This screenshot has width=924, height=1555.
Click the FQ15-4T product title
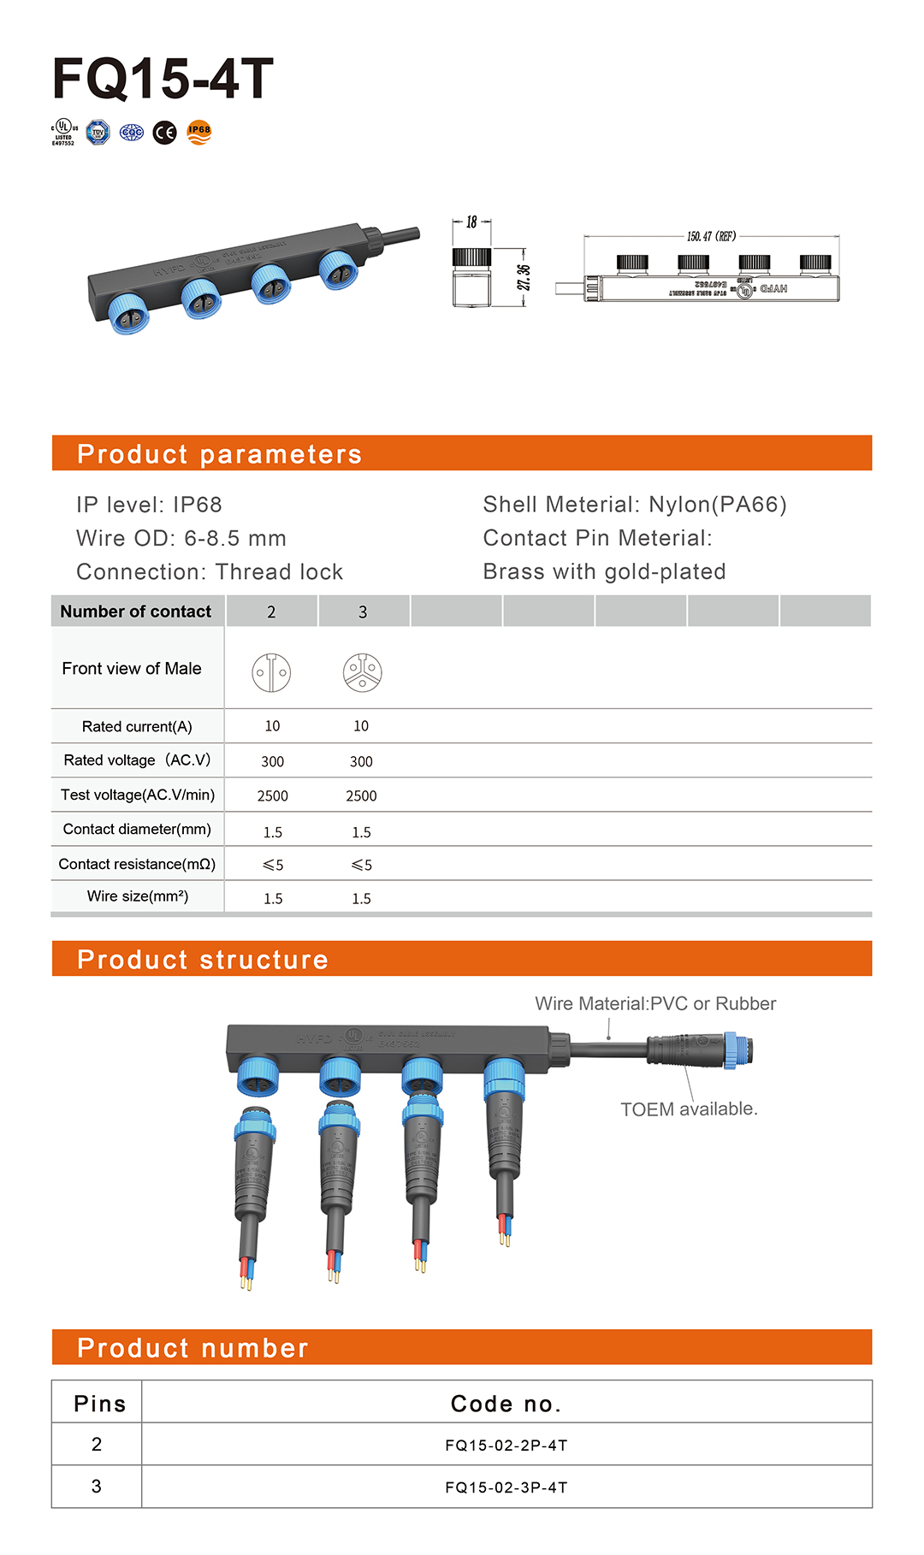163,79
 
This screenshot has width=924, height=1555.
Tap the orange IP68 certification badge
198,132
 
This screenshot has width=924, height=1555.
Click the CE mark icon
164,133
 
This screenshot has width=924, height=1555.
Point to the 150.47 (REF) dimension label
711,236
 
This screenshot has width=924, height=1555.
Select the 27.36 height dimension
524,277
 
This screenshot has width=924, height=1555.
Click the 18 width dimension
471,222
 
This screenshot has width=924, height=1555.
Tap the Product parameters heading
219,454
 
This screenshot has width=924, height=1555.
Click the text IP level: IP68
149,505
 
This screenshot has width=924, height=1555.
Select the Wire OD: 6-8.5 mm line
181,538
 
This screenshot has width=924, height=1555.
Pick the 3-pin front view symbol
362,672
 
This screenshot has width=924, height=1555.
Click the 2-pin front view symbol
271,672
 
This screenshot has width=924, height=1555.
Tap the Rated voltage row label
137,760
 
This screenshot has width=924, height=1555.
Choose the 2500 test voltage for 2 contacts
272,795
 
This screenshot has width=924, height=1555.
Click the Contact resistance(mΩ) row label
137,864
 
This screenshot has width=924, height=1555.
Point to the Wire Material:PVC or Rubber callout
655,1003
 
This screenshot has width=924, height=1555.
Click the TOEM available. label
689,1109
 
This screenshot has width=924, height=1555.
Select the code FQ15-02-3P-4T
506,1487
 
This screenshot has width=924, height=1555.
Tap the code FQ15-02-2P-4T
506,1446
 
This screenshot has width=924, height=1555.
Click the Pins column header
99,1404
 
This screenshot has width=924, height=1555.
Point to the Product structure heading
203,960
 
